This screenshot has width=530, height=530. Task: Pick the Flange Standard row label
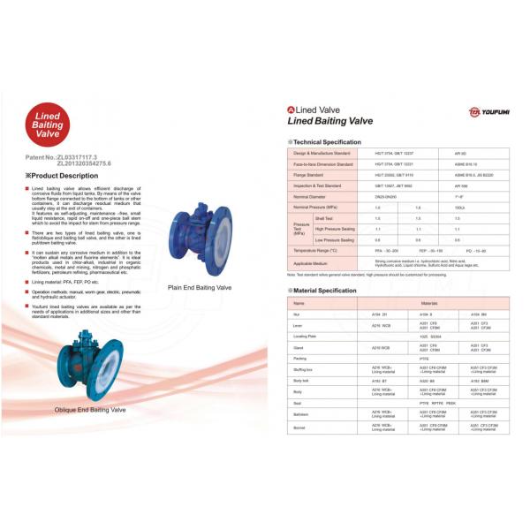(x=311, y=176)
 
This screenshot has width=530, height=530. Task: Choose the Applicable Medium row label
(x=311, y=263)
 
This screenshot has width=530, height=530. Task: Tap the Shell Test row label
(x=324, y=217)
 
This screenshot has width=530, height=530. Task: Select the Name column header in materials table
(x=299, y=303)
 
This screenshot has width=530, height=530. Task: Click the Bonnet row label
(x=300, y=428)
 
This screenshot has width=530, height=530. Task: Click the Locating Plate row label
(x=306, y=337)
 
